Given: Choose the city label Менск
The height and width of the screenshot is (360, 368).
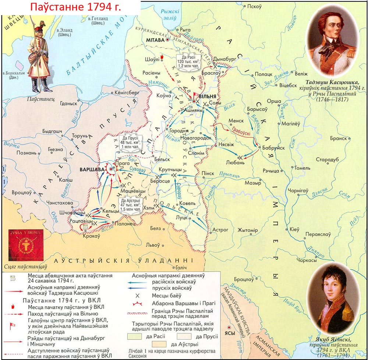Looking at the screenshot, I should click(x=236, y=120).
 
